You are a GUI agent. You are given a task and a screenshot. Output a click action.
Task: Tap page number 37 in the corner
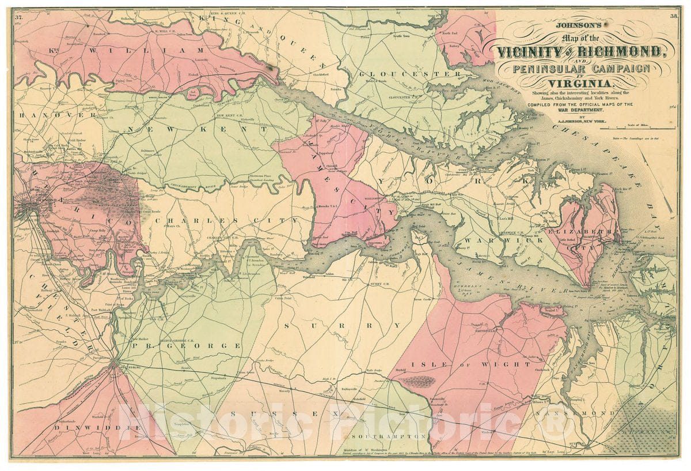pyautogui.click(x=19, y=18)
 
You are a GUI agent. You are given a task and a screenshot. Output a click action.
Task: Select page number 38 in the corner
pyautogui.click(x=673, y=16)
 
